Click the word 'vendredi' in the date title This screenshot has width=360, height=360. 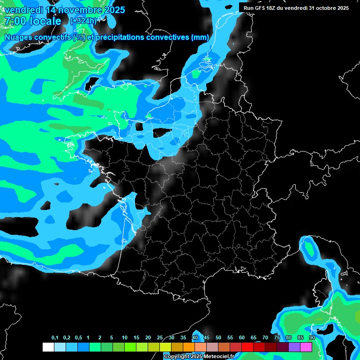click(x=24, y=10)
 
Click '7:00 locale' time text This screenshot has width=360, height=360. click(x=32, y=21)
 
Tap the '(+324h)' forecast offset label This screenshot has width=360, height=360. click(x=83, y=21)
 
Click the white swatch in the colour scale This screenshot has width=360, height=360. click(x=48, y=347)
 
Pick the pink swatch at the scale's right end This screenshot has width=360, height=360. click(x=306, y=347)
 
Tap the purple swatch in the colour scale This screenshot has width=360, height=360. click(x=294, y=347)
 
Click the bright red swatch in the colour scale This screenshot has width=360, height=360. click(x=247, y=347)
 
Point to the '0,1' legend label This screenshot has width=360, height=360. click(x=55, y=338)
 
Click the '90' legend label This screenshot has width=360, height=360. click(x=312, y=338)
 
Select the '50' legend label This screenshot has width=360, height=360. click(x=218, y=338)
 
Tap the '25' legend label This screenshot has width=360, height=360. click(x=160, y=338)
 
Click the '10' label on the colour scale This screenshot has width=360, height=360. click(x=125, y=338)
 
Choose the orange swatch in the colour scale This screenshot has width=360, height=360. click(x=189, y=347)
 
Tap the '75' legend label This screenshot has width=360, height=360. click(x=277, y=338)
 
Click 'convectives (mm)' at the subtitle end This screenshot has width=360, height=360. click(x=178, y=37)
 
